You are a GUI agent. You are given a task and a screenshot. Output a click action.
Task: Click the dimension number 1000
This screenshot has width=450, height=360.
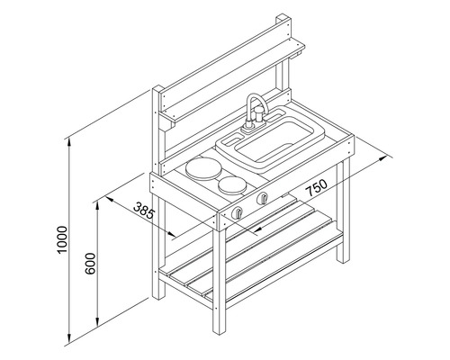[59, 241]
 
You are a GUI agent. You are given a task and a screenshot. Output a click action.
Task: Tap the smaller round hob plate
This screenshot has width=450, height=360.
[233, 185]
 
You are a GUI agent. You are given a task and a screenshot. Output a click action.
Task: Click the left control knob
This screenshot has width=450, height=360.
[240, 212]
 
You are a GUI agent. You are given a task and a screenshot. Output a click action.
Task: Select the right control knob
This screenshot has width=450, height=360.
[262, 200]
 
